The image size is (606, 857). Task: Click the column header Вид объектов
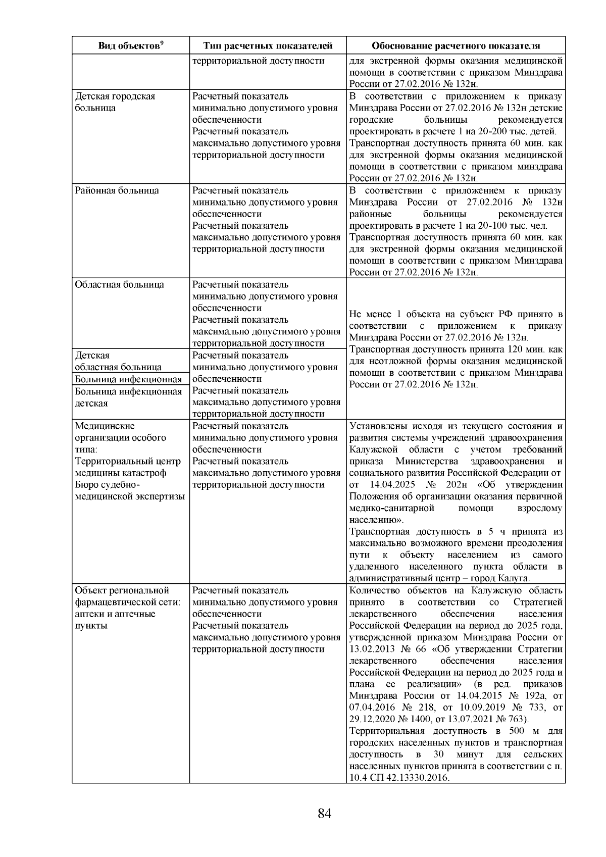128,46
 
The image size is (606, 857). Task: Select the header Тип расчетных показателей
268,46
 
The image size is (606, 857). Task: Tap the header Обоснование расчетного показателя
456,46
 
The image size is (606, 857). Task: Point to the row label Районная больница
117,190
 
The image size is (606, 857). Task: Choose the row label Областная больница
119,284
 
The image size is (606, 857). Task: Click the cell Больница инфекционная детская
128,397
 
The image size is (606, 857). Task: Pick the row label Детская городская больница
115,102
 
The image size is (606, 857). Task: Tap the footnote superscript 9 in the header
161,43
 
